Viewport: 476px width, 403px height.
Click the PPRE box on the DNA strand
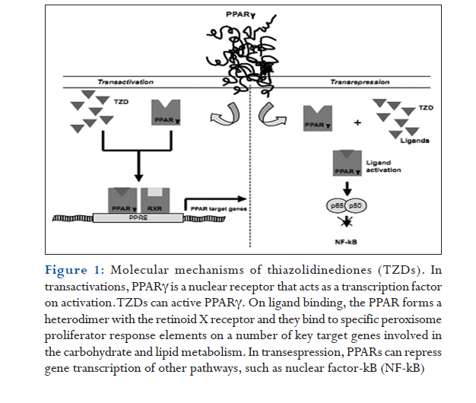click(x=138, y=217)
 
